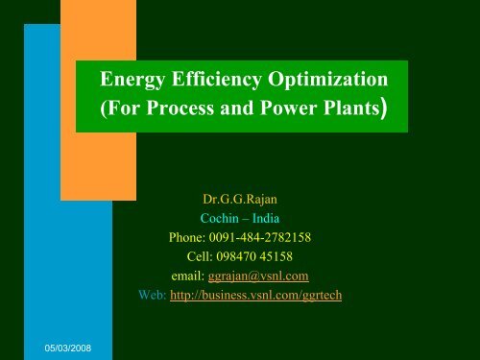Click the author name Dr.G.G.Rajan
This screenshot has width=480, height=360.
239,202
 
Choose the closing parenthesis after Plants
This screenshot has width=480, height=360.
382,108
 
